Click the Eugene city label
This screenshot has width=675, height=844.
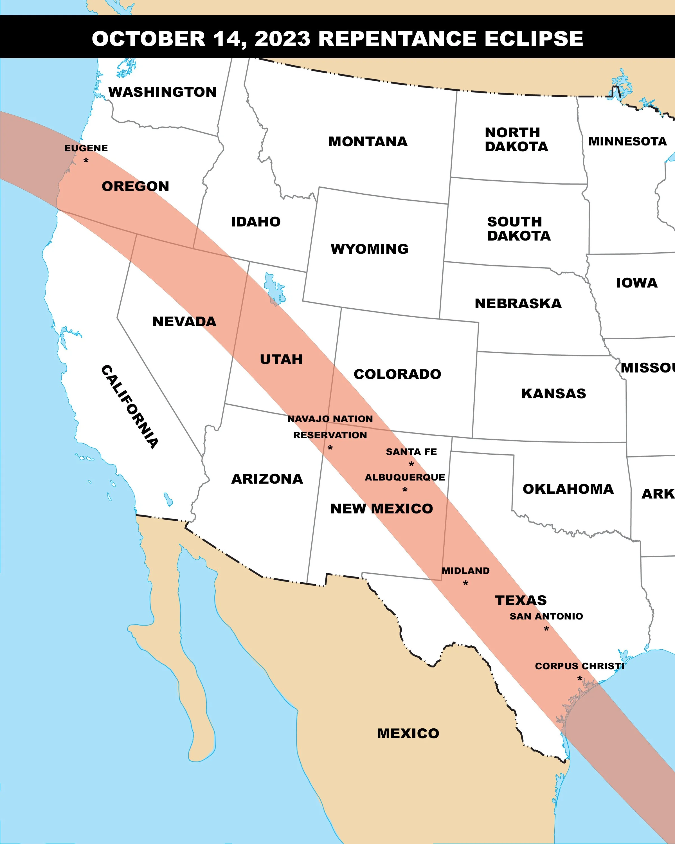tap(86, 148)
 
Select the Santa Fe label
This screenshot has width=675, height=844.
tap(411, 452)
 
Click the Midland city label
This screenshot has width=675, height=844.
tap(466, 571)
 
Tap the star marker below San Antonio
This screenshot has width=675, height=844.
tap(546, 629)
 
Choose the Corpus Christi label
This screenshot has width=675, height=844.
tap(580, 666)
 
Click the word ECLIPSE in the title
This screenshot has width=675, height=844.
tap(534, 39)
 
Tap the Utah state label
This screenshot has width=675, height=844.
tap(281, 359)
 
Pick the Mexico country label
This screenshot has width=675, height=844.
tap(408, 733)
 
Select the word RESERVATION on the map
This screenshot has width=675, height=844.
tap(330, 435)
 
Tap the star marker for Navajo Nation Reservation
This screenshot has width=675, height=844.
tap(330, 447)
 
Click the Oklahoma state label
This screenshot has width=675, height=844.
tap(568, 489)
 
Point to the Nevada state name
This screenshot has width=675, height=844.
tap(184, 322)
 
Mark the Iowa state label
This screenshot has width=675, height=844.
tap(637, 283)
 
